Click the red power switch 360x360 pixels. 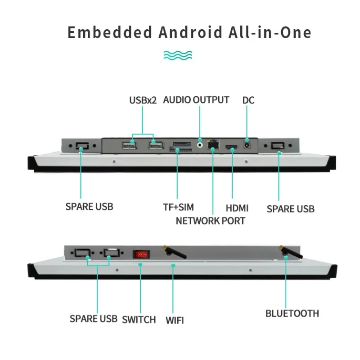pyautogui.click(x=141, y=254)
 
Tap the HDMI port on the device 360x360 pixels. pyautogui.click(x=231, y=147)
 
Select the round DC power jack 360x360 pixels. pyautogui.click(x=247, y=145)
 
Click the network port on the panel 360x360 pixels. pyautogui.click(x=213, y=144)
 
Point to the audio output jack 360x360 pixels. pyautogui.click(x=200, y=145)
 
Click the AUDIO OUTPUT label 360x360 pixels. pyautogui.click(x=196, y=100)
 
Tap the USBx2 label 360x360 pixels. pyautogui.click(x=143, y=100)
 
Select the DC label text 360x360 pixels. pyautogui.click(x=248, y=100)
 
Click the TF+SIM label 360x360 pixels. pyautogui.click(x=178, y=207)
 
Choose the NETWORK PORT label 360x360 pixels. pyautogui.click(x=210, y=221)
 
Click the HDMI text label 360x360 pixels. pyautogui.click(x=237, y=208)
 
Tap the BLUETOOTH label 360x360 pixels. pyautogui.click(x=292, y=313)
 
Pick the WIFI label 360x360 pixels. pyautogui.click(x=175, y=320)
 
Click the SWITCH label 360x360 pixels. pyautogui.click(x=139, y=319)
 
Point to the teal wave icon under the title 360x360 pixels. pyautogui.click(x=178, y=55)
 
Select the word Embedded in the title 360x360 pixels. pyautogui.click(x=110, y=32)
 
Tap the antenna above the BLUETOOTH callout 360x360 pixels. pyautogui.click(x=290, y=252)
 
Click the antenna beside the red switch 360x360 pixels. pyautogui.click(x=174, y=252)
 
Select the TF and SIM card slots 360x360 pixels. pyautogui.click(x=181, y=147)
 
